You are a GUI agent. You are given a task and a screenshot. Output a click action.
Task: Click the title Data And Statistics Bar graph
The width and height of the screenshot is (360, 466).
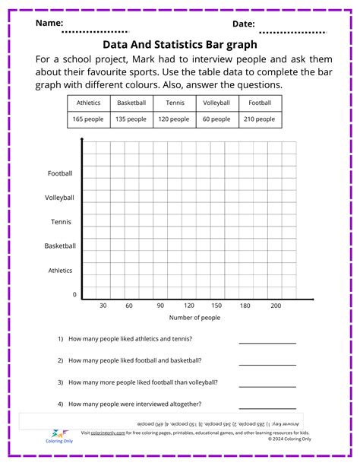click(x=180, y=44)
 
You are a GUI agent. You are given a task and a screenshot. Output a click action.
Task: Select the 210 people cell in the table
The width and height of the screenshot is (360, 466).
click(x=261, y=119)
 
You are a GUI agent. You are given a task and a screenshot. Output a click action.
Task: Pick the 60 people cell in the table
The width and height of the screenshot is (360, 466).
click(x=217, y=119)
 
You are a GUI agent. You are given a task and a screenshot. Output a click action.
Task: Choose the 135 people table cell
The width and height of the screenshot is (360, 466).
click(x=131, y=119)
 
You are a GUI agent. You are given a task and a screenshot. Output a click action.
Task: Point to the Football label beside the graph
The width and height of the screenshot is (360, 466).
click(x=60, y=173)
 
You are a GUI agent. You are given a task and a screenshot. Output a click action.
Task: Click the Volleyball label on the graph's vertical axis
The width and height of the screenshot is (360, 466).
click(x=60, y=198)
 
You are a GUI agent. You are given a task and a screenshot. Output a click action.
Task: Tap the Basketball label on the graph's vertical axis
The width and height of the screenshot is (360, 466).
click(x=60, y=246)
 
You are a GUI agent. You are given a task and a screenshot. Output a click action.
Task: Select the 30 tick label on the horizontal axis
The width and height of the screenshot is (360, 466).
click(x=103, y=306)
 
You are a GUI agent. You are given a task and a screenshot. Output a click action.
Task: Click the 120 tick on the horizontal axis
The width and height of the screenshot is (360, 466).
click(x=188, y=306)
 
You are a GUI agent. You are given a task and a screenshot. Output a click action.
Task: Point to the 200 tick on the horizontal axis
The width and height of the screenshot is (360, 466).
click(x=276, y=306)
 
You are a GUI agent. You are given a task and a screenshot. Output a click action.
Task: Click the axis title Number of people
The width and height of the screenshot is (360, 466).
click(x=194, y=318)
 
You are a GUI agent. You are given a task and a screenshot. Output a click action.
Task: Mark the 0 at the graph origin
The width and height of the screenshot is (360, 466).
click(x=74, y=294)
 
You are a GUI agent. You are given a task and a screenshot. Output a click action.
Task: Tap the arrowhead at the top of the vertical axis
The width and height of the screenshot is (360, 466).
click(x=82, y=142)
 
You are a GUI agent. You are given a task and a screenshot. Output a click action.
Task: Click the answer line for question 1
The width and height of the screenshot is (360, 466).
click(x=267, y=343)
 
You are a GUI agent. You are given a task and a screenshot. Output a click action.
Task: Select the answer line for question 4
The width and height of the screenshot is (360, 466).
click(x=267, y=408)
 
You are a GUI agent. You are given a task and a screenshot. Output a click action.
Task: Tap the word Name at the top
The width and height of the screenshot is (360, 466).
click(x=49, y=24)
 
